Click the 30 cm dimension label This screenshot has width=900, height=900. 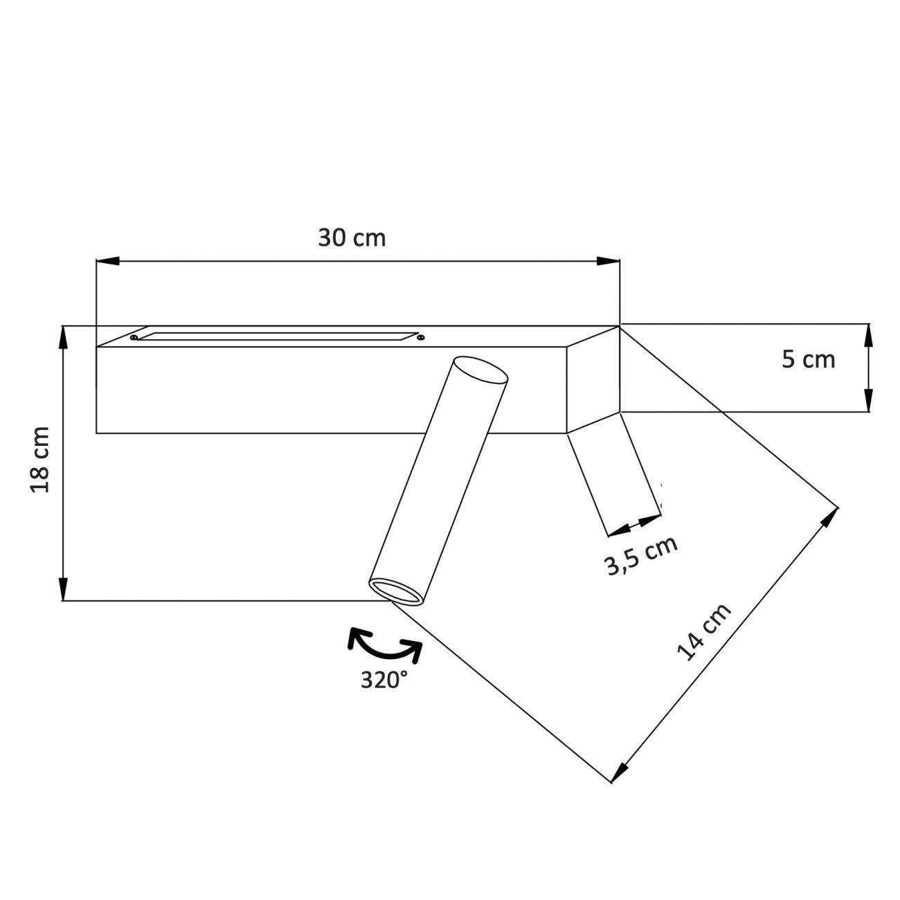click(x=352, y=238)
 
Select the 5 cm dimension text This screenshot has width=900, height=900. click(x=808, y=360)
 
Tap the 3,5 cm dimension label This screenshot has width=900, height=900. click(x=641, y=556)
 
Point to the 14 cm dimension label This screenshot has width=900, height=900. click(x=703, y=633)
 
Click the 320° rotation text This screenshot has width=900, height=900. click(x=384, y=680)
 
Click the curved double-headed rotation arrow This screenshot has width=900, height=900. click(x=385, y=644)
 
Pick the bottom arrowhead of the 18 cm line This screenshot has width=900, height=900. click(x=63, y=589)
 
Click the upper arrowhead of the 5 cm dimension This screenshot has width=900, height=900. click(x=868, y=334)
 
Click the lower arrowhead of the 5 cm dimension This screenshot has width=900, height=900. click(x=868, y=401)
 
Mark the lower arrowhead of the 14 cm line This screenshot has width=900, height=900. click(x=620, y=772)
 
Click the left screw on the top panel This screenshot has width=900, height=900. click(x=133, y=337)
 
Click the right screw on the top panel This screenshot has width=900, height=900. click(x=420, y=337)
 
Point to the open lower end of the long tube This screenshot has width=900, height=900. click(x=396, y=592)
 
